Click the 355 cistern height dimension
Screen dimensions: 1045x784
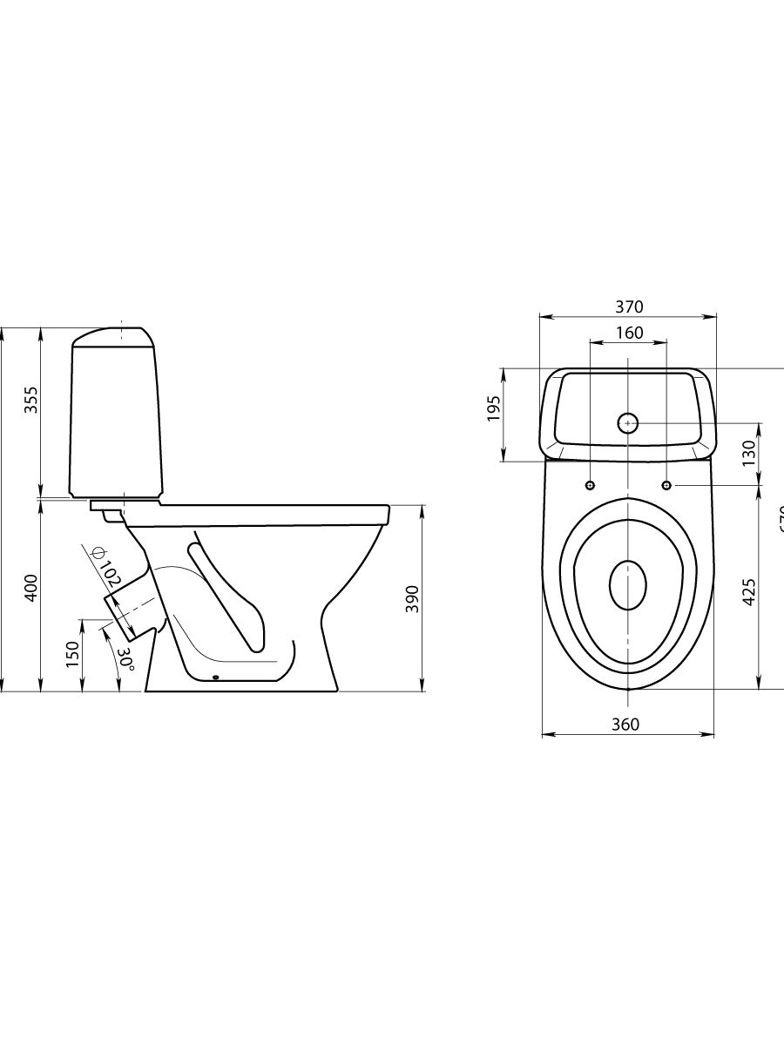coord(30,398)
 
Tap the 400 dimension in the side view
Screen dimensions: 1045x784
coord(30,589)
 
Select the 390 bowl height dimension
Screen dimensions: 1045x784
coord(413,598)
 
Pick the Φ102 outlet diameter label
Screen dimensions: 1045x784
coord(106,565)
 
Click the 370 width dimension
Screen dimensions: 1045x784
coord(629,306)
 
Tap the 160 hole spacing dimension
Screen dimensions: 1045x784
coord(629,333)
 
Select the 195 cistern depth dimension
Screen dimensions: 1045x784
coord(493,408)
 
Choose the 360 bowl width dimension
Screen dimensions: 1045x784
coord(625,725)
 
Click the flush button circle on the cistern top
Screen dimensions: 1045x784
coord(628,423)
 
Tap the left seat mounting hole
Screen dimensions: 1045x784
coord(591,484)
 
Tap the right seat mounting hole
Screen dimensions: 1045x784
coord(666,484)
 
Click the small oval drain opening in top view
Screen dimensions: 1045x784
coord(628,585)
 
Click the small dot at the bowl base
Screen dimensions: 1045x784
coord(215,678)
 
